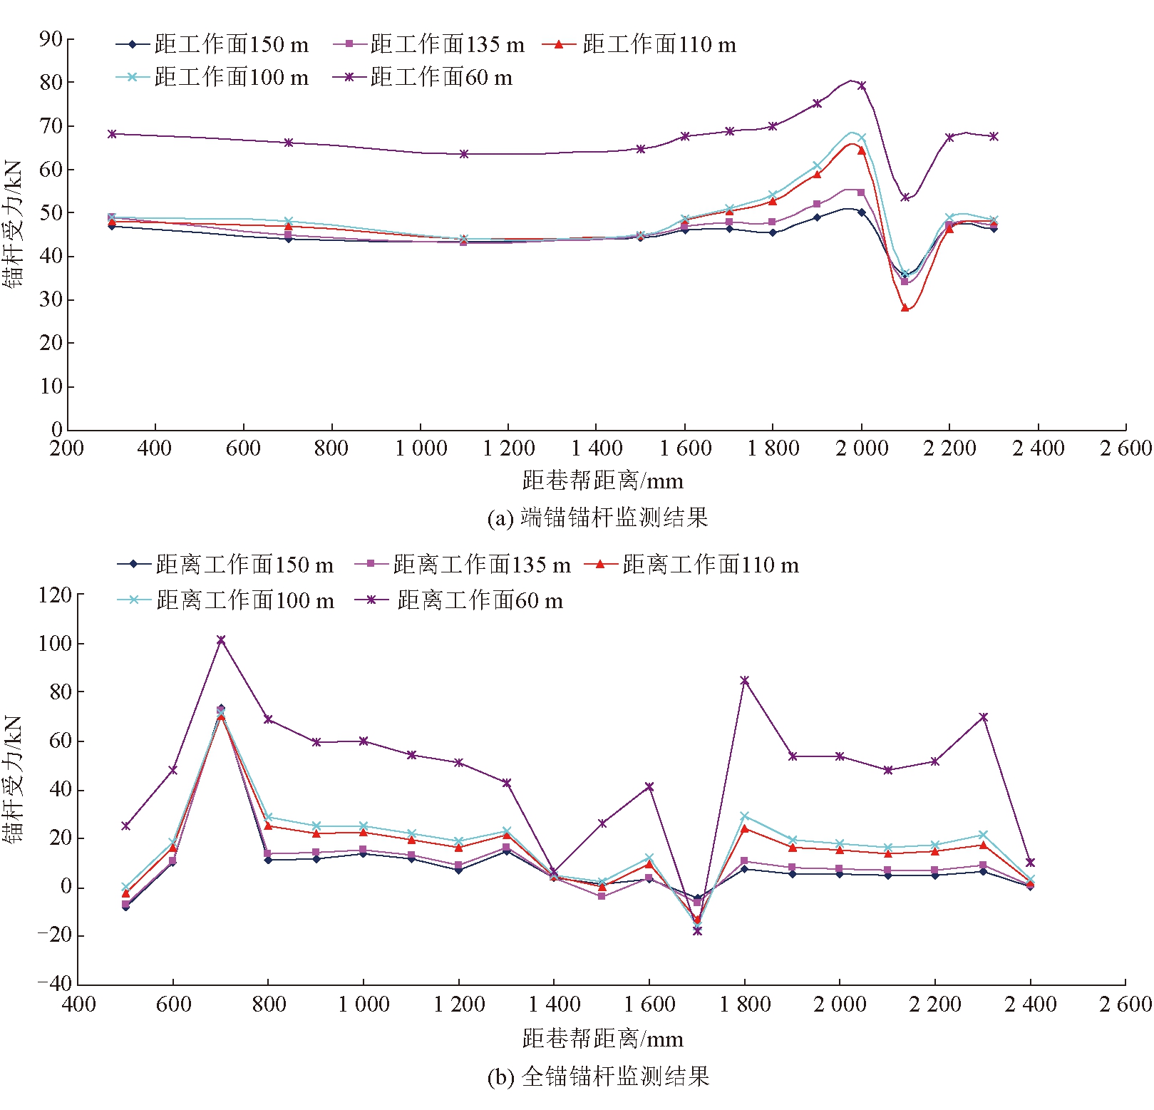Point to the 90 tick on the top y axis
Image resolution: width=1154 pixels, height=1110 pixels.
pyautogui.click(x=51, y=38)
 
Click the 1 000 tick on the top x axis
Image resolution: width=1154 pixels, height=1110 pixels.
pyautogui.click(x=421, y=448)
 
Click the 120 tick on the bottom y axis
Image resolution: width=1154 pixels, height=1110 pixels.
pyautogui.click(x=55, y=595)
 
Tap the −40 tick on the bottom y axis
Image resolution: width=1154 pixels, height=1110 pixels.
pyautogui.click(x=55, y=984)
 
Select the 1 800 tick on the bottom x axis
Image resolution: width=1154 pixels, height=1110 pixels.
pyautogui.click(x=745, y=1004)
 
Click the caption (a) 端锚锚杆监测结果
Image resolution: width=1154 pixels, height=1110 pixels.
pyautogui.click(x=597, y=517)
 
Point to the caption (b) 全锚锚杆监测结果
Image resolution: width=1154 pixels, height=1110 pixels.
pyautogui.click(x=598, y=1076)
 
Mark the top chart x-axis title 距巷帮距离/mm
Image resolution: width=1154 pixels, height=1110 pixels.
pyautogui.click(x=602, y=481)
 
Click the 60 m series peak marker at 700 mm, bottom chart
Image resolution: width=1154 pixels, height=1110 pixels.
pyautogui.click(x=221, y=640)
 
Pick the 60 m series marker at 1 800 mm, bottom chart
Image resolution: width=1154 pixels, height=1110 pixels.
pyautogui.click(x=745, y=681)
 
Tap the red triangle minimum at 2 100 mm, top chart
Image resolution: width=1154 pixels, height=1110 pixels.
pyautogui.click(x=905, y=308)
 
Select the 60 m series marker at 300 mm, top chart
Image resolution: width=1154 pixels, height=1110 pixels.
pyautogui.click(x=112, y=134)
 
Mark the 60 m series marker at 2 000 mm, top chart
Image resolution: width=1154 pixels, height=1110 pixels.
pyautogui.click(x=862, y=86)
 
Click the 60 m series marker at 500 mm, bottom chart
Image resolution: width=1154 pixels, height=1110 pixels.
pyautogui.click(x=126, y=826)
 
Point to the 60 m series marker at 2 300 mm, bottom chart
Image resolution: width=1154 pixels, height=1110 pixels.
pyautogui.click(x=984, y=717)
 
